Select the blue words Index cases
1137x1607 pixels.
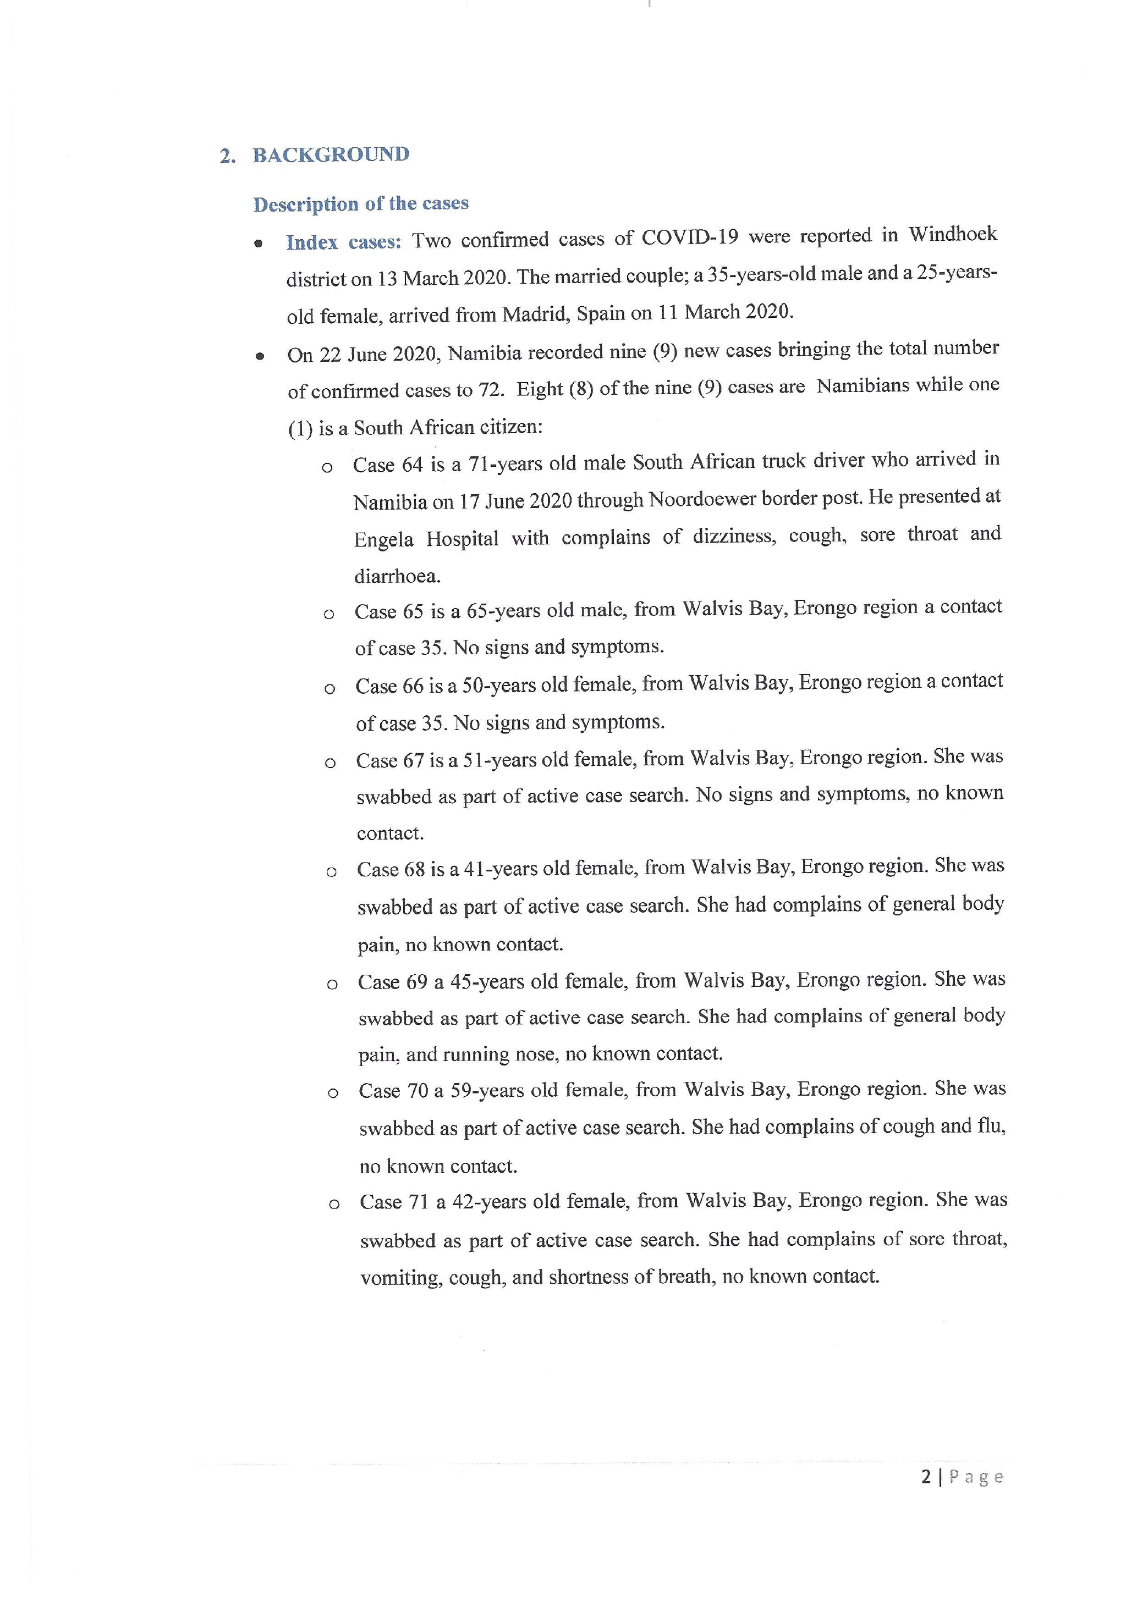click(x=343, y=242)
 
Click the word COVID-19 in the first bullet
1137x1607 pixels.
click(x=690, y=238)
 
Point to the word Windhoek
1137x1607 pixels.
click(x=952, y=234)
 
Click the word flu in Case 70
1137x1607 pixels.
click(x=991, y=1126)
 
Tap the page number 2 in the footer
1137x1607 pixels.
click(x=926, y=1477)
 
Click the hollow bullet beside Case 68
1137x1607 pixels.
click(x=331, y=872)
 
